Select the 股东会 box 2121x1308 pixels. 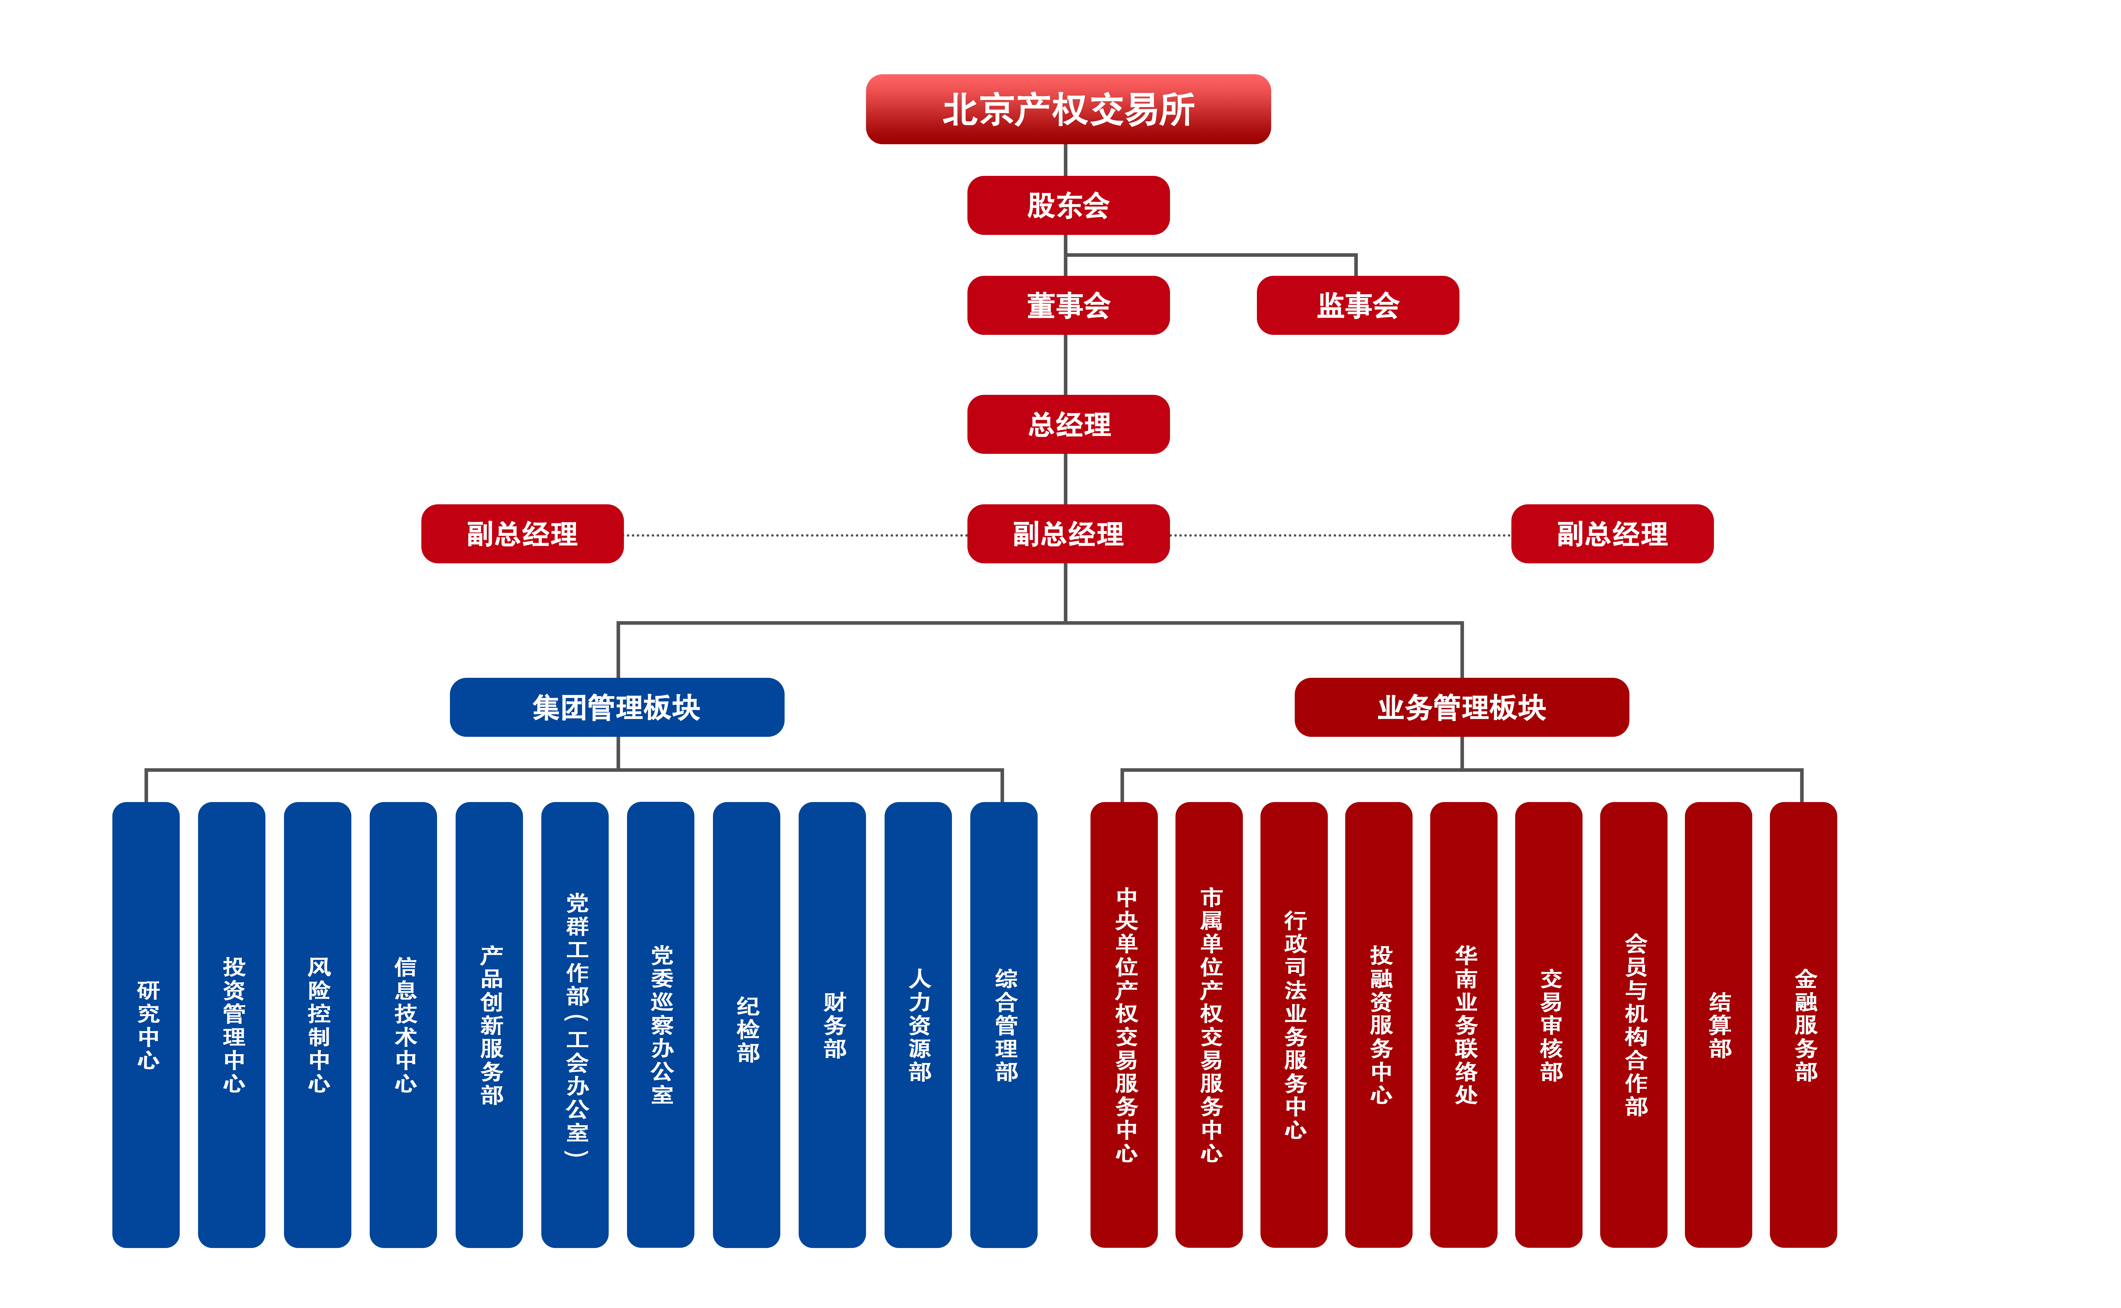tap(1068, 205)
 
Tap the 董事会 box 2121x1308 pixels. tap(1068, 305)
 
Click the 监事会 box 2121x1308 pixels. tap(1357, 305)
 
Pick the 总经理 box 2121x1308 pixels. tap(1068, 424)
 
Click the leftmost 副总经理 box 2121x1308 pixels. tap(523, 534)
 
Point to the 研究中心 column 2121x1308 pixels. tap(146, 1024)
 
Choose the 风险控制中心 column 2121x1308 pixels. tap(318, 1024)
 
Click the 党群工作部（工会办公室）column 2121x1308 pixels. tap(575, 1024)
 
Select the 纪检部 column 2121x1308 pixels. tap(747, 1024)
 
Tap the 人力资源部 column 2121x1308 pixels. tap(918, 1024)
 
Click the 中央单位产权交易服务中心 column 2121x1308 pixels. tap(1124, 1024)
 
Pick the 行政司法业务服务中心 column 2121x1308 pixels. tap(1294, 1024)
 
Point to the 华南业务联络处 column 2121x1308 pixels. tap(1464, 1024)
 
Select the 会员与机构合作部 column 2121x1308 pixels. tap(1634, 1024)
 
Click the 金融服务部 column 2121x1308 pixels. tap(1803, 1024)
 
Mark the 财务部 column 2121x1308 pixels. tap(832, 1024)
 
